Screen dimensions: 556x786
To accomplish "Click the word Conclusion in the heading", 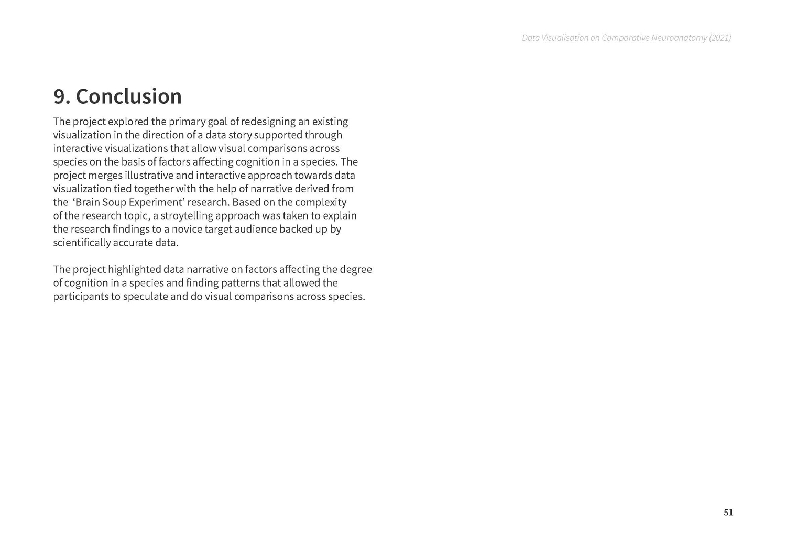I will coord(129,96).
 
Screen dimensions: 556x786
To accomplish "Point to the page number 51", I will coord(728,512).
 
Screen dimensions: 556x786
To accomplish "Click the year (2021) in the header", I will coord(720,38).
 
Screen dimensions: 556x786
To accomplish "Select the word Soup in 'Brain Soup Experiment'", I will coord(114,202).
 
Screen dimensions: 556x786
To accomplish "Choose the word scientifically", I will coord(82,243).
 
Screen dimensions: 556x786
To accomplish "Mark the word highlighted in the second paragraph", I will coord(134,269).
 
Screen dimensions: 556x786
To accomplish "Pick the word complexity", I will coord(321,202).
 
